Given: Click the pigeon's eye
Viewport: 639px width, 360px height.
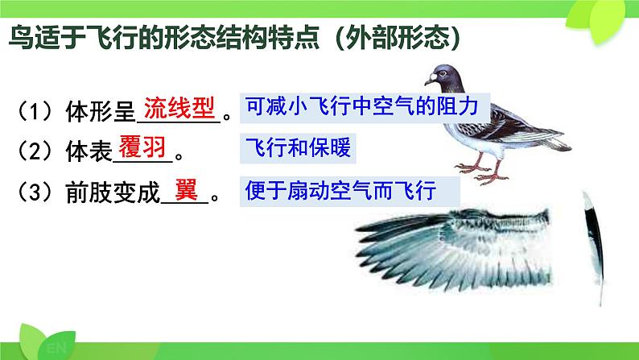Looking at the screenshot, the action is (442, 74).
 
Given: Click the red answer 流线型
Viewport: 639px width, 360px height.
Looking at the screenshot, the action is (179, 108).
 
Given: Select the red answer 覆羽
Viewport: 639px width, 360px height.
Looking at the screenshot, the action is (142, 147).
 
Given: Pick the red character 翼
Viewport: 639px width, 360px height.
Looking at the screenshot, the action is (186, 189).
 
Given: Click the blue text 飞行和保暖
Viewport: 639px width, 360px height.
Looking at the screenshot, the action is (298, 147).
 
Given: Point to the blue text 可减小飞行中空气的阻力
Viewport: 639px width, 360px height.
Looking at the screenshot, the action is (361, 106).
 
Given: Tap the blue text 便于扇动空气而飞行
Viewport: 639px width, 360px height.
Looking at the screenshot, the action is (340, 190).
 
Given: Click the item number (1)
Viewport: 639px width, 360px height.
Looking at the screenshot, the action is (35, 111).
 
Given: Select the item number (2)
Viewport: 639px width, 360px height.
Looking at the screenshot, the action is (35, 151).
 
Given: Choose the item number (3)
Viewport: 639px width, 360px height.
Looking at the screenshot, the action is (35, 192).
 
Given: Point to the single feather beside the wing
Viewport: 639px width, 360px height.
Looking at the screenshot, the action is (594, 245).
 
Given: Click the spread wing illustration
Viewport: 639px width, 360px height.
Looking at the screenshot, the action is (453, 249).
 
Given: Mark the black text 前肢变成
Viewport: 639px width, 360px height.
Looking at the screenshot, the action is (113, 192).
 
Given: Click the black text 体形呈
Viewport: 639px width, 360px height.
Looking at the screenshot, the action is (101, 112).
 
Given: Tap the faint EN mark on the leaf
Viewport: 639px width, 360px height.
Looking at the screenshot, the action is (56, 348).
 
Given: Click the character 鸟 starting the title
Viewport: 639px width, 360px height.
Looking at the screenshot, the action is (21, 38).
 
